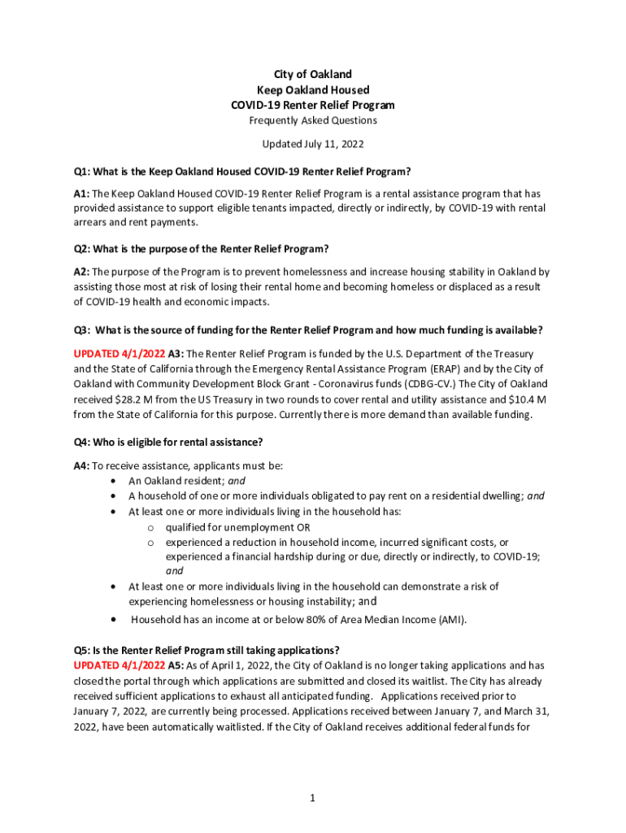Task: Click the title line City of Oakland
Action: tap(312, 75)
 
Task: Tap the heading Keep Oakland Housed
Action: tap(312, 90)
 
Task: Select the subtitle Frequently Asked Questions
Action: tap(312, 120)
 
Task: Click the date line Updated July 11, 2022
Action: tap(312, 144)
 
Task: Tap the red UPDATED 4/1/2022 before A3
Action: tap(119, 354)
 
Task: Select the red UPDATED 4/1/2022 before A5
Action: tap(119, 665)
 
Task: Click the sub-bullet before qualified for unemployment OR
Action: tap(150, 527)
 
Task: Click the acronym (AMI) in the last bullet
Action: tap(450, 620)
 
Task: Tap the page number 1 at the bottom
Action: tap(312, 799)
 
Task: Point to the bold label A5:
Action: tap(176, 665)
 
